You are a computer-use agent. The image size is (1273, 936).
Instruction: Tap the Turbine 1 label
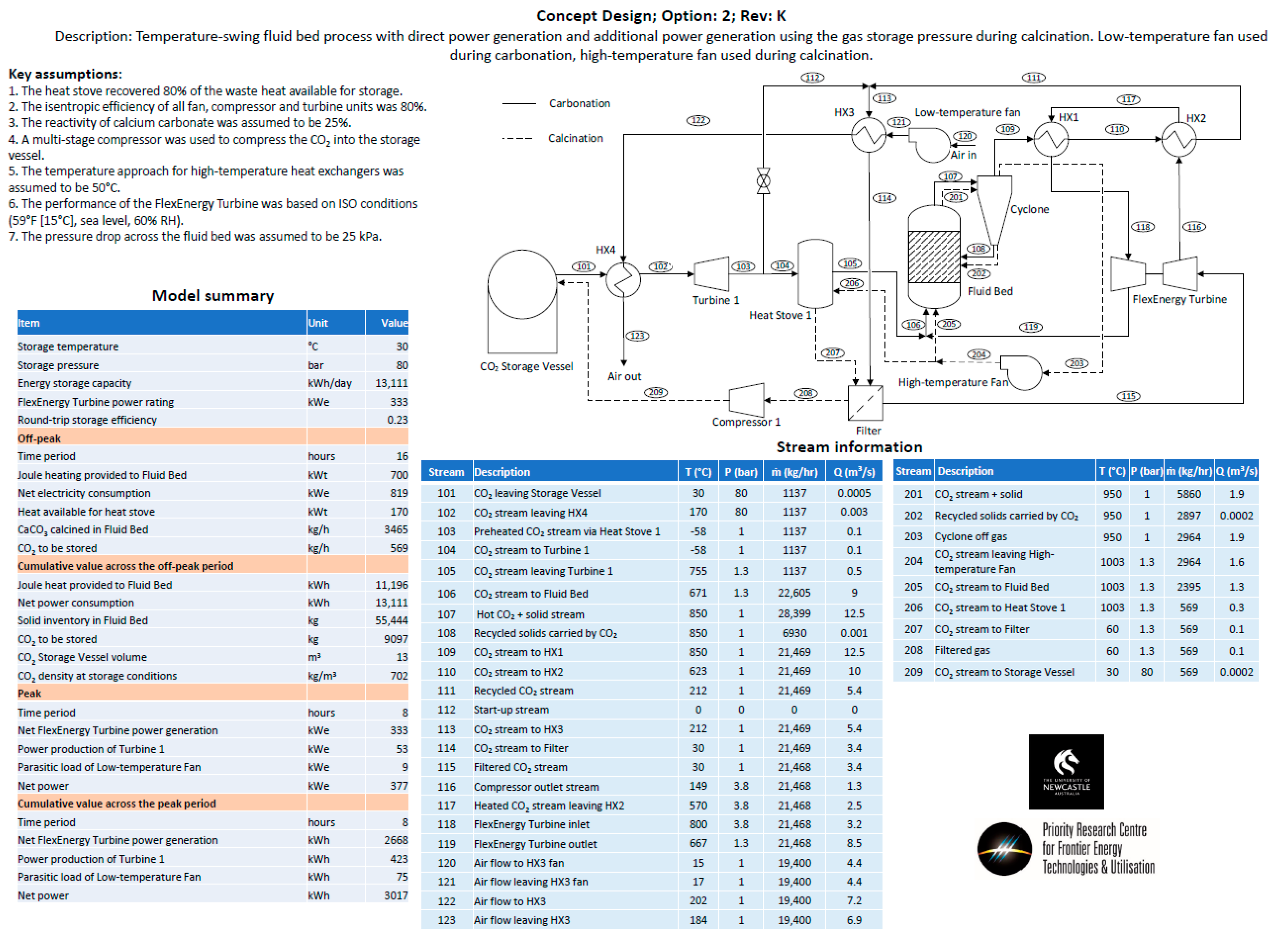coord(715,300)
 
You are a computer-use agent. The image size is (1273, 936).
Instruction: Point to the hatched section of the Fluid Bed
coord(933,257)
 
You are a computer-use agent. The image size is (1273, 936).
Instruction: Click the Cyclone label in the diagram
coord(1029,209)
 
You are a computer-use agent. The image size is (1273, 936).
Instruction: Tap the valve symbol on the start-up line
coord(763,181)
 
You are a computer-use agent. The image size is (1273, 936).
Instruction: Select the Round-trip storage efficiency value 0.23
coord(397,420)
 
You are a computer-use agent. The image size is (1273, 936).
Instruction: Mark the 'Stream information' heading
coord(849,447)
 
